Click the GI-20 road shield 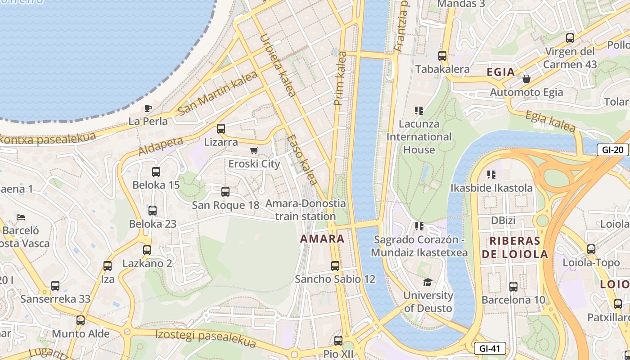(x=612, y=150)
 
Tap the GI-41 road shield (x=490, y=348)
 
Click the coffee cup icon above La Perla (x=148, y=108)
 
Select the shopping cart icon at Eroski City (x=254, y=150)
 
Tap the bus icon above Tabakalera (x=442, y=56)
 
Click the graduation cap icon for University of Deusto (x=427, y=282)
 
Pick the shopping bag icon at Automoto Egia (x=526, y=79)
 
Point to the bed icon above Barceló (x=21, y=217)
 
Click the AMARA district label (x=322, y=238)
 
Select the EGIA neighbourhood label (x=501, y=72)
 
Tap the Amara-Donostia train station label (x=306, y=210)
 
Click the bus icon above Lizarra (x=220, y=129)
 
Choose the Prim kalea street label (x=341, y=78)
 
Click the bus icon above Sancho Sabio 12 (x=335, y=265)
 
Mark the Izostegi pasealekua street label (x=206, y=339)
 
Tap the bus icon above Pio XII (x=338, y=341)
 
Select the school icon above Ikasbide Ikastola (x=491, y=174)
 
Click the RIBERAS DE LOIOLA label (x=515, y=247)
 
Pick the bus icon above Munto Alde (x=81, y=320)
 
